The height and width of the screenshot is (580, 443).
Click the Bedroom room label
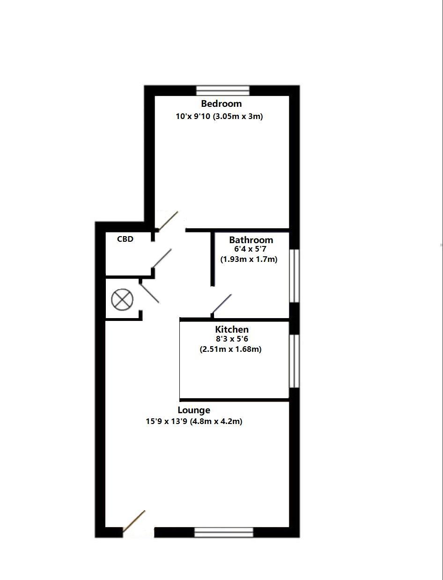coord(221,104)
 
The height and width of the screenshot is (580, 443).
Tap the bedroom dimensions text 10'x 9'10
coord(219,116)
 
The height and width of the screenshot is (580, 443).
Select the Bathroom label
coord(251,240)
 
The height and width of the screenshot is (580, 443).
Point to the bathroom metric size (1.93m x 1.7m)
coord(249,259)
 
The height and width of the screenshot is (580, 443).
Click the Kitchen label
coord(232,329)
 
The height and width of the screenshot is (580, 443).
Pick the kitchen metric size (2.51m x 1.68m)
coord(230,349)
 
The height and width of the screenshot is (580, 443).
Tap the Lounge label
coord(194,410)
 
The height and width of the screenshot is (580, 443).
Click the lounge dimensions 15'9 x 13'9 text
coord(194,421)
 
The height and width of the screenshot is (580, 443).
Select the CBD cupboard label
coord(125,239)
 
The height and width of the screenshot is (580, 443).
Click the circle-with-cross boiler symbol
coord(123,299)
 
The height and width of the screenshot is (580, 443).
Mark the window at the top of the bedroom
coord(223,90)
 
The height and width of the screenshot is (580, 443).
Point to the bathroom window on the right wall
coord(294,275)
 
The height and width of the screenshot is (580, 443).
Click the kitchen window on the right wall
coord(294,361)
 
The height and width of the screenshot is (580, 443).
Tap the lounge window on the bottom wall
coord(223,532)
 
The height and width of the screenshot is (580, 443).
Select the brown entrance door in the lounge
coord(134,521)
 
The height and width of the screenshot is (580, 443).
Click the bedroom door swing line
coord(168,221)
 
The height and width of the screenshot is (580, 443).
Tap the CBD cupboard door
coord(162,258)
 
